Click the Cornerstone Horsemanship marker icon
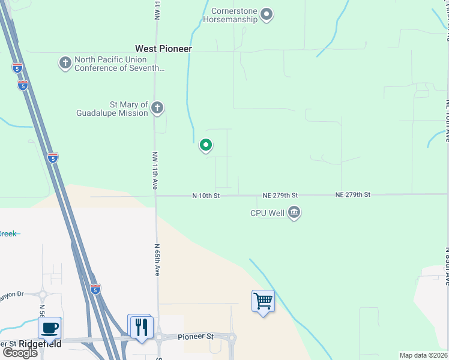tap(268, 14)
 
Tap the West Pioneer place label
tap(163, 49)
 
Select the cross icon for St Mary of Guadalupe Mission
tap(157, 108)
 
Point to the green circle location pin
tap(206, 145)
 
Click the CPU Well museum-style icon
tap(294, 212)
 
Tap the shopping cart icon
tap(263, 300)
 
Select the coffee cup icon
tap(50, 328)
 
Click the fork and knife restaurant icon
tap(142, 327)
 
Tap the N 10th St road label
tap(206, 196)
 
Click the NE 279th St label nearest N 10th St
tap(280, 196)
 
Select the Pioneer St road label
tap(196, 337)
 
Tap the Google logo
tap(20, 353)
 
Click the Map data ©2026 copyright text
tap(423, 355)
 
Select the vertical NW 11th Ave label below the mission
tap(154, 170)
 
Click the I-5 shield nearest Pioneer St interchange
tap(95, 289)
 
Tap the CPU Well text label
tap(267, 213)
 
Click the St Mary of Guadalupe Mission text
tap(112, 109)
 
